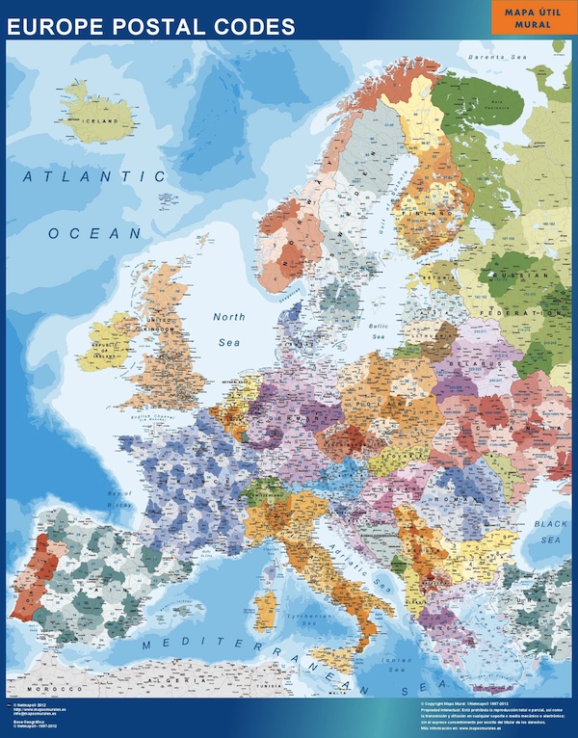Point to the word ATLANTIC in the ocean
pos(96,177)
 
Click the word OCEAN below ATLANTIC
pos(94,233)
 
